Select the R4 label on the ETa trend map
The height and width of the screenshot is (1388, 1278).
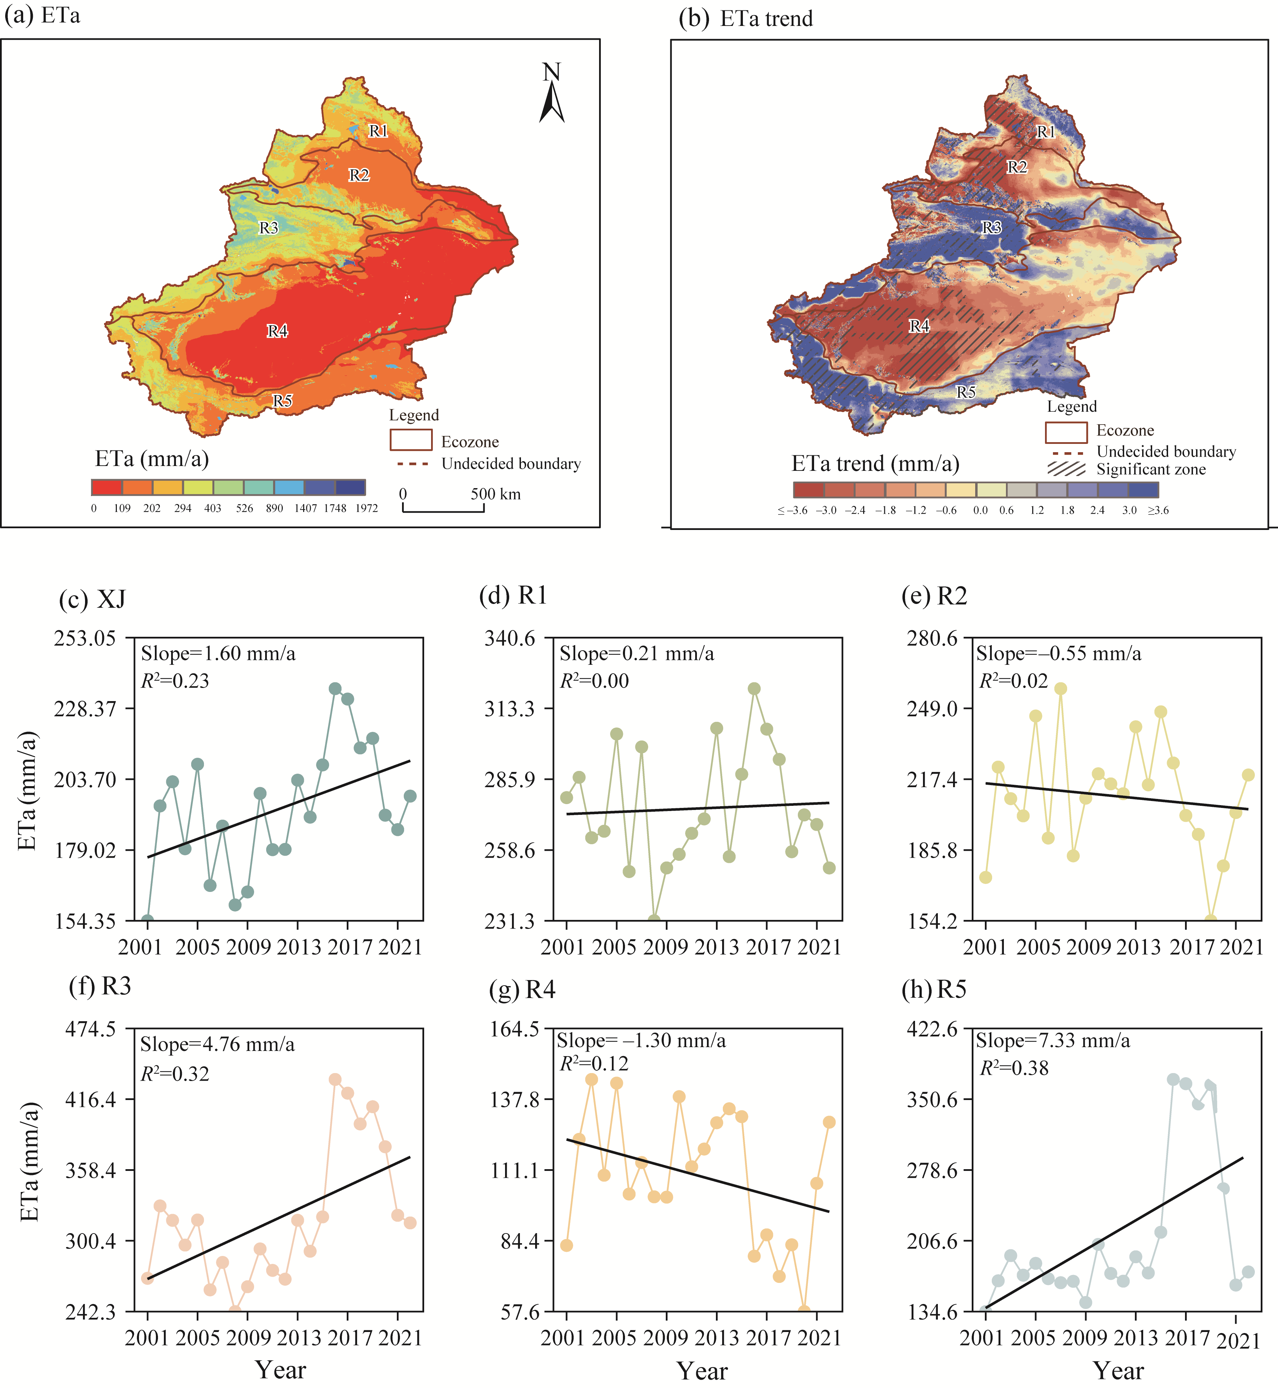click(x=919, y=326)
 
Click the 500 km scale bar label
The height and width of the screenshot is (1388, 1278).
click(x=495, y=494)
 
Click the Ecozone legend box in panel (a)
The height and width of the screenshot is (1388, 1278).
click(x=411, y=440)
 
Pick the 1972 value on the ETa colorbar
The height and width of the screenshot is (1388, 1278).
click(x=366, y=508)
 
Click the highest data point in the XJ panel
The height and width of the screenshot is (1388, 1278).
click(x=335, y=689)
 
